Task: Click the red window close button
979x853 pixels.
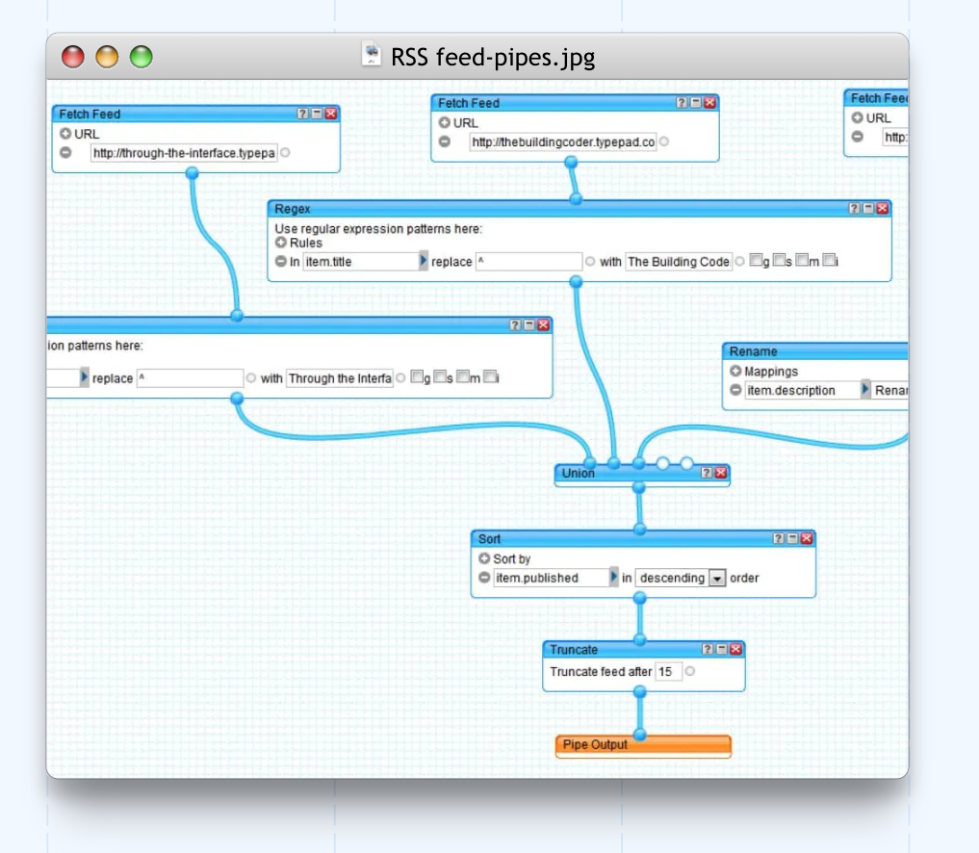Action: point(72,58)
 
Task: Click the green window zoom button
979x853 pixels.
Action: point(142,58)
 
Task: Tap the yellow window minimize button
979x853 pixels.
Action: point(107,58)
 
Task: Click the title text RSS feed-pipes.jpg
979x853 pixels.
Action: point(492,58)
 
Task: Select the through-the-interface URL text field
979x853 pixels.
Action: point(184,153)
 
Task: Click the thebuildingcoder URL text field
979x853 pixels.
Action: point(563,142)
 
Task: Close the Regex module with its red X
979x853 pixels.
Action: point(883,208)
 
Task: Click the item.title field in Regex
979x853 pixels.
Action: point(359,262)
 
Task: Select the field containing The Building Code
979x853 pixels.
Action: point(678,262)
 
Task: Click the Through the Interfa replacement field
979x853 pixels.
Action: point(340,378)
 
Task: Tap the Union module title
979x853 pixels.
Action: point(579,473)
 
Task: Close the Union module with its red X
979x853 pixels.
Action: point(721,473)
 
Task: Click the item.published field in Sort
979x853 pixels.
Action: point(550,578)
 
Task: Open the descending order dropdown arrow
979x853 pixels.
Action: point(717,579)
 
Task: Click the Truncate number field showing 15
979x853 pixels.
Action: point(667,672)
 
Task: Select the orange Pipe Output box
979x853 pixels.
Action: point(643,745)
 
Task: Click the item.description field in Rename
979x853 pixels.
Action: point(800,390)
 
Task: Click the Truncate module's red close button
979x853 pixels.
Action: point(736,650)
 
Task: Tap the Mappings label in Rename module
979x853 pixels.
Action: point(771,372)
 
